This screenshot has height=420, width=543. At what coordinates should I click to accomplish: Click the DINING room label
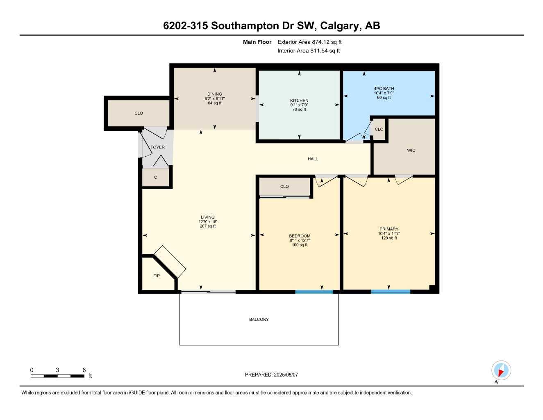click(x=214, y=94)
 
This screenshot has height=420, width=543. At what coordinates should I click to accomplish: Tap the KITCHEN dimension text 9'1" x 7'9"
click(x=299, y=105)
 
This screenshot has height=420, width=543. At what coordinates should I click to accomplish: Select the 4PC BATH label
click(x=384, y=88)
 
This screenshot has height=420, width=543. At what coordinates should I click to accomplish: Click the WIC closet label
click(x=411, y=151)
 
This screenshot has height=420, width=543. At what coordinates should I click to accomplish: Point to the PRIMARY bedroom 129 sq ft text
click(x=389, y=238)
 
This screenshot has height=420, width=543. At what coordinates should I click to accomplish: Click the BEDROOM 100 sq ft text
click(x=300, y=245)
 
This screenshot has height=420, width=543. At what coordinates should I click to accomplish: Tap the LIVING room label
click(x=207, y=217)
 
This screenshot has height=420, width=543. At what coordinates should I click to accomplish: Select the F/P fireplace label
click(x=157, y=276)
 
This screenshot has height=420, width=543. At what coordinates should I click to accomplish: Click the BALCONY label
click(x=259, y=320)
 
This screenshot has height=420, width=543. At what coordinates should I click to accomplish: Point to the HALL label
click(x=313, y=159)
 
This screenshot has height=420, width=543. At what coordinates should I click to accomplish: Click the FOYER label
click(x=157, y=147)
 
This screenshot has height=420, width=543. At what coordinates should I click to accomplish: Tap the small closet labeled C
click(x=156, y=178)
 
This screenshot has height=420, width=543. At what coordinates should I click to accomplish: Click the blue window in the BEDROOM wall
click(x=314, y=292)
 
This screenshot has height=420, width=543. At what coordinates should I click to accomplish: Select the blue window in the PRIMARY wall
click(x=390, y=292)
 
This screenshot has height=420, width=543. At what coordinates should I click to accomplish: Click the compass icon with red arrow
click(x=501, y=371)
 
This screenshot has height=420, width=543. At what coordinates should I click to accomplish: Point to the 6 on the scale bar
click(x=84, y=370)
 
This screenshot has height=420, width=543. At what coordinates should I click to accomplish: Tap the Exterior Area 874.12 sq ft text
click(x=309, y=42)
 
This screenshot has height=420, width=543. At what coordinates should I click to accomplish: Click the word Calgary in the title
click(x=339, y=26)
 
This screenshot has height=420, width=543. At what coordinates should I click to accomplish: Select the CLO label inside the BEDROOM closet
click(x=284, y=187)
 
